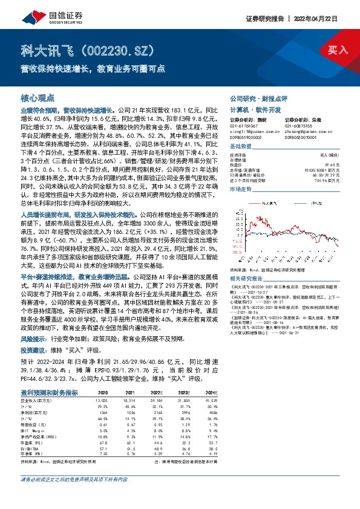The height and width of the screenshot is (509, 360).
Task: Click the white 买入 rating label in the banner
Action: [337, 50]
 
